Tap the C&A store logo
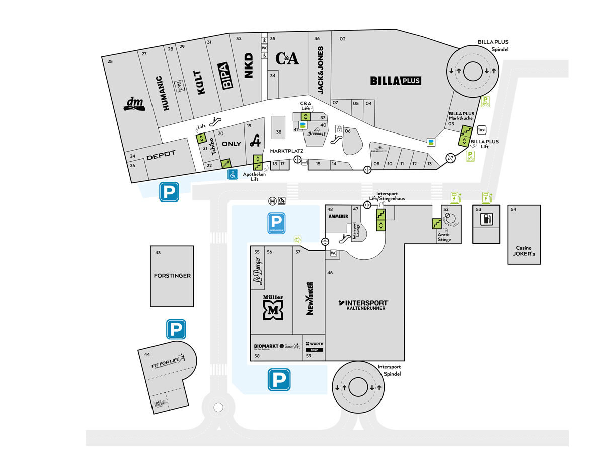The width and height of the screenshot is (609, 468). tap(288, 59)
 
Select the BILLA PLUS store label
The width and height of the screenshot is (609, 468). tap(395, 80)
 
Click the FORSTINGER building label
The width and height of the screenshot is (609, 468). tap(172, 276)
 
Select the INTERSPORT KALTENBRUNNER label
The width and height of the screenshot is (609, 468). tap(365, 305)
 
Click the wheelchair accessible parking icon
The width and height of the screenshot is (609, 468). tap(233, 175)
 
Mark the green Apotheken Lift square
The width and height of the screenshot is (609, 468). tap(257, 162)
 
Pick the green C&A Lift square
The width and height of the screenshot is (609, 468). tap(304, 116)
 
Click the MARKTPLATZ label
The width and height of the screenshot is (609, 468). tap(287, 151)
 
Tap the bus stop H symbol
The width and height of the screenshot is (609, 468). tap(272, 201)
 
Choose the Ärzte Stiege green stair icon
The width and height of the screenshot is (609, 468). tap(437, 223)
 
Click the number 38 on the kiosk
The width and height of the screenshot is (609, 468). tap(278, 132)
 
